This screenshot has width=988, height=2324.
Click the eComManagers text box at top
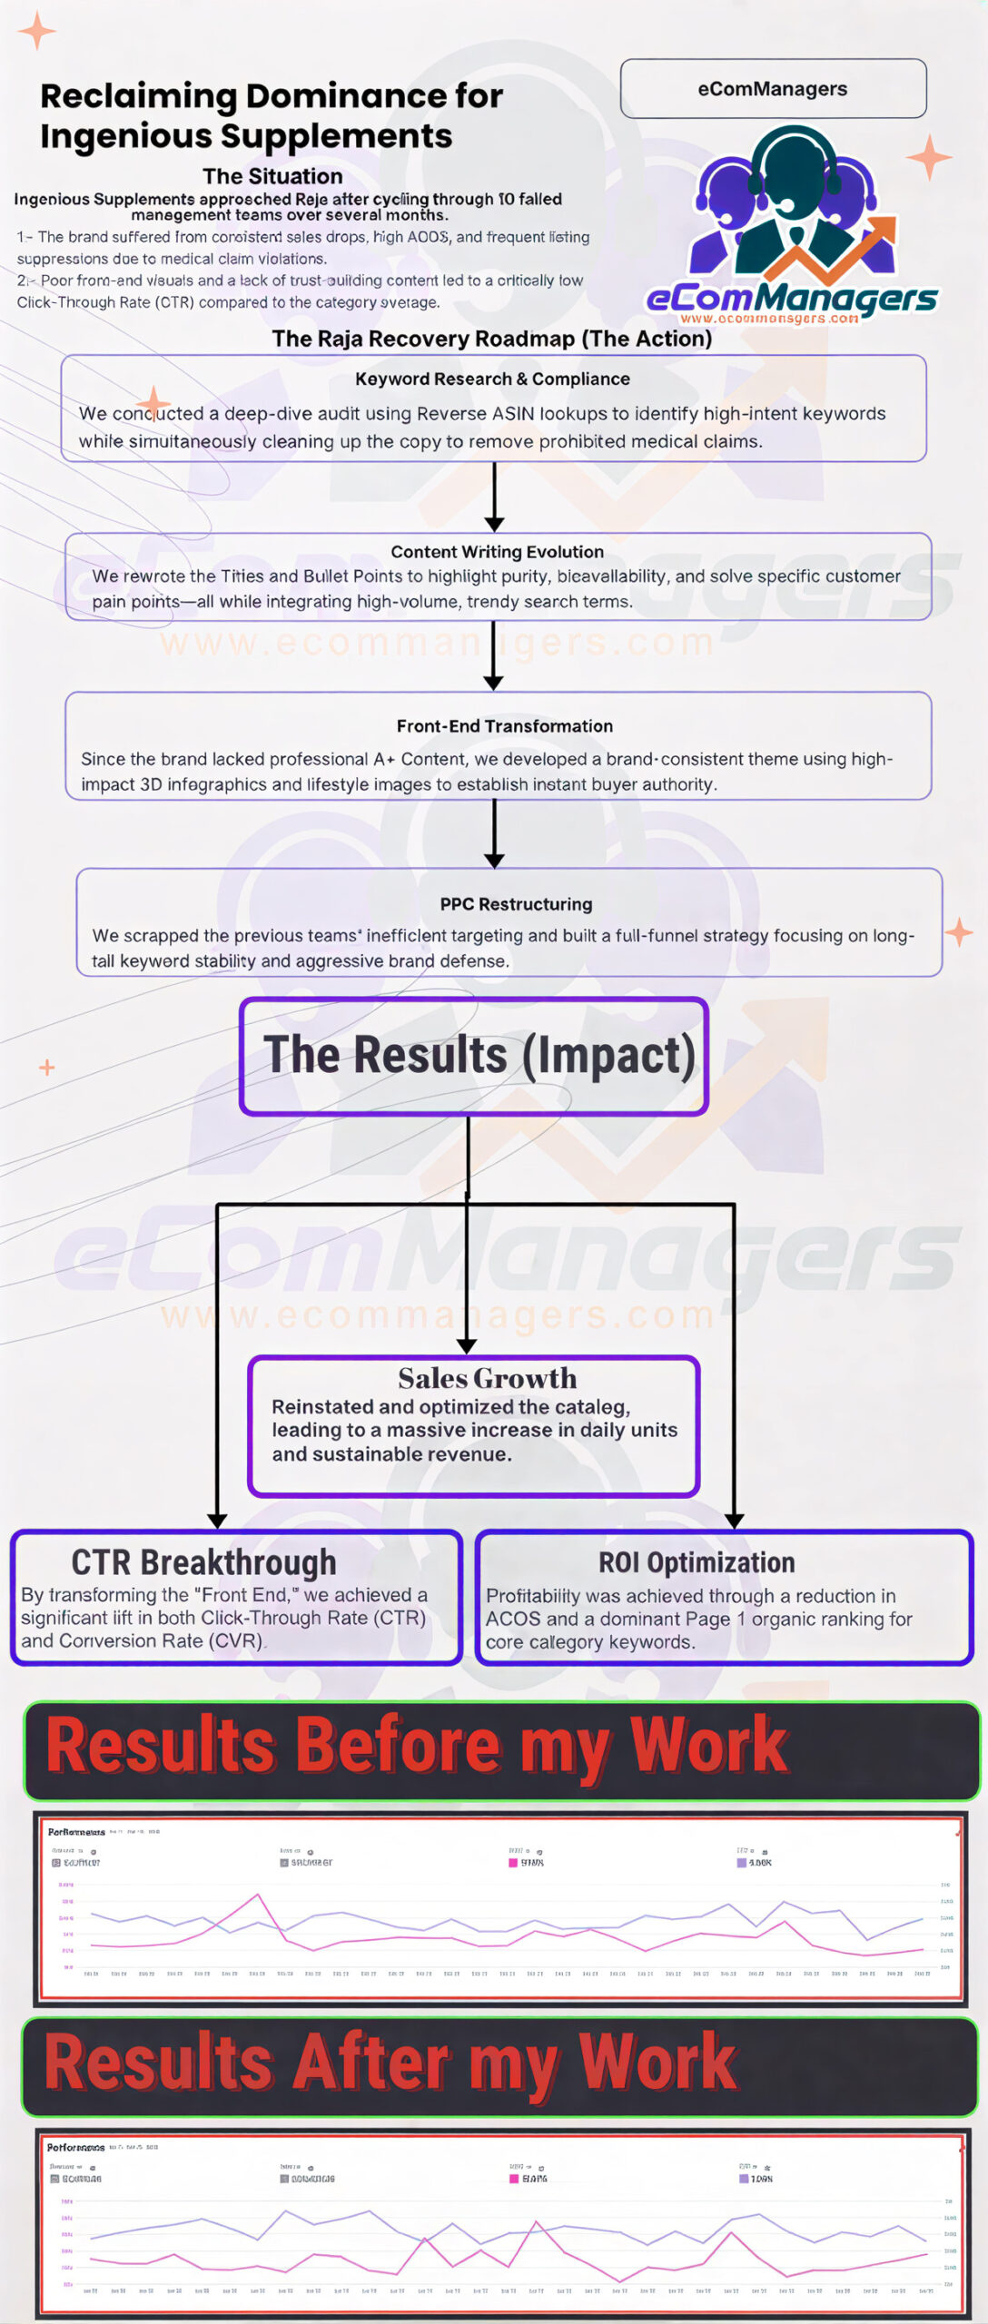pos(773,89)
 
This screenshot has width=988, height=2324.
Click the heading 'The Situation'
pos(272,176)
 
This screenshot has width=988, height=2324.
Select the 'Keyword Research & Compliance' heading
pos(492,379)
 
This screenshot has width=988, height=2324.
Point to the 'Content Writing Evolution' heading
pos(497,552)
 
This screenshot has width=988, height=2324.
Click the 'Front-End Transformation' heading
pos(504,726)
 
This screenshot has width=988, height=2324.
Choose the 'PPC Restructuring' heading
pos(516,904)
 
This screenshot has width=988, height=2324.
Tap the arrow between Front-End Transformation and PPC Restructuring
pos(494,834)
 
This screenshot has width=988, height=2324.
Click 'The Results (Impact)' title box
pos(474,1056)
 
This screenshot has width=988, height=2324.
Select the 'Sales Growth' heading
pos(487,1378)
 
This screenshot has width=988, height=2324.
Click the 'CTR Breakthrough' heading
pos(203,1562)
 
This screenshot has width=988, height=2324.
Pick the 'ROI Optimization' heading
pos(697,1562)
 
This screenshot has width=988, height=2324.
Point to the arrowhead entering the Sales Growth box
pos(467,1345)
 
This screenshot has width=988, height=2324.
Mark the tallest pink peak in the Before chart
pos(259,1895)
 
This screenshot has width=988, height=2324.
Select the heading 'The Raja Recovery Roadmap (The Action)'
pos(492,339)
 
